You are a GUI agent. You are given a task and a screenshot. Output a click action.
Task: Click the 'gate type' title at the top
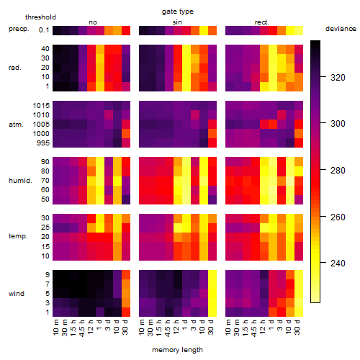click(x=178, y=12)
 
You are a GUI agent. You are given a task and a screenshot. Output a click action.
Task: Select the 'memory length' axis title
click(x=177, y=350)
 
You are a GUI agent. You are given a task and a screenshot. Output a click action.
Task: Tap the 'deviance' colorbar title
click(x=341, y=29)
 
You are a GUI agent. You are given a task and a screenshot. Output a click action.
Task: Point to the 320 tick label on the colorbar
click(x=338, y=77)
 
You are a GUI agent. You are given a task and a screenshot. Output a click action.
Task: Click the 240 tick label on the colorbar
click(x=338, y=264)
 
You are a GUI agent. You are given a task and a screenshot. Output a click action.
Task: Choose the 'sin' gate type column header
click(x=177, y=22)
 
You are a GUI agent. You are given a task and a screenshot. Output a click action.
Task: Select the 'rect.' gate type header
click(x=262, y=22)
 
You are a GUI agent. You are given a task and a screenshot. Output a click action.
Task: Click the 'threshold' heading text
click(x=40, y=17)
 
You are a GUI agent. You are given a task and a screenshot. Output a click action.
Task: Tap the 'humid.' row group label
click(x=20, y=181)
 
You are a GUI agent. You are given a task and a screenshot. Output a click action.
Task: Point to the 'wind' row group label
click(x=17, y=294)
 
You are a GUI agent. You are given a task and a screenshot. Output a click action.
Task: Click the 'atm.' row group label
click(x=16, y=125)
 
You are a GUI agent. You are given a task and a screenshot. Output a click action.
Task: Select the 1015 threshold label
click(x=41, y=106)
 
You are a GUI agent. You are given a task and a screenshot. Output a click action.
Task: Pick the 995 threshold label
click(x=43, y=143)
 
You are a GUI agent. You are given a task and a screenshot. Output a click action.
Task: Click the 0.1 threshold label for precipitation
click(x=44, y=30)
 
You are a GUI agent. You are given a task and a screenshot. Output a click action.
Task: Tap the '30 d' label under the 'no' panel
click(x=125, y=327)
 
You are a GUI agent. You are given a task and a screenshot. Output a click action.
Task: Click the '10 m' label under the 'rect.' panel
click(x=229, y=328)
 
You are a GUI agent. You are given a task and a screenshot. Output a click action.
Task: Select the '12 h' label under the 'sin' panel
click(x=177, y=327)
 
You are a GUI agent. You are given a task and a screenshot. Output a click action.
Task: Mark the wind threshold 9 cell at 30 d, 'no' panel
click(x=126, y=275)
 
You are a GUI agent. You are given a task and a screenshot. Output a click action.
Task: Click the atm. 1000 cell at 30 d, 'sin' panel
click(x=212, y=134)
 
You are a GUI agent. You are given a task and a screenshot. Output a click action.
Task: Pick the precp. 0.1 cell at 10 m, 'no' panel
click(x=57, y=30)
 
